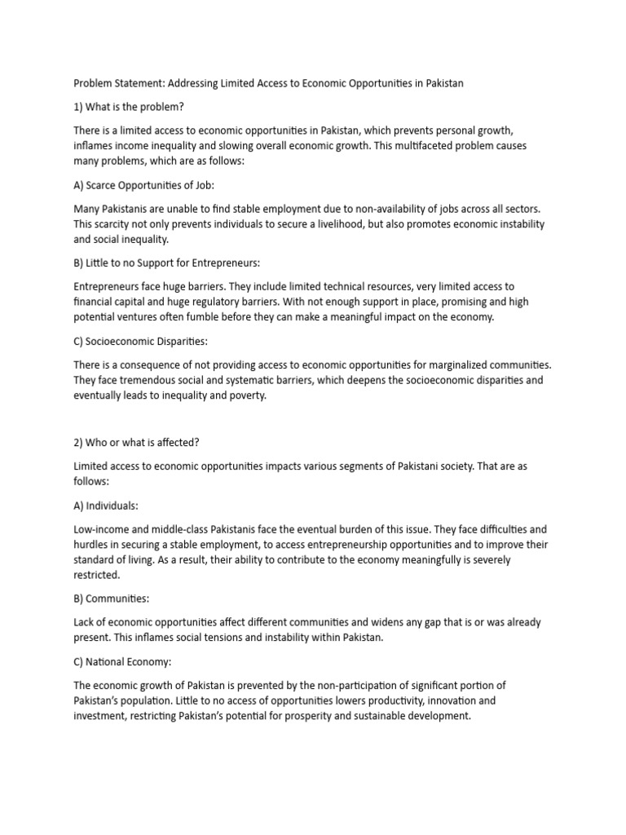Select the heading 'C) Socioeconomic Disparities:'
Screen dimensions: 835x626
(143, 341)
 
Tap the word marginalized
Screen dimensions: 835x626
(457, 364)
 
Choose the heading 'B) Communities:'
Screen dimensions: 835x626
(112, 599)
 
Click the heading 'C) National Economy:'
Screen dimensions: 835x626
(126, 661)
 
